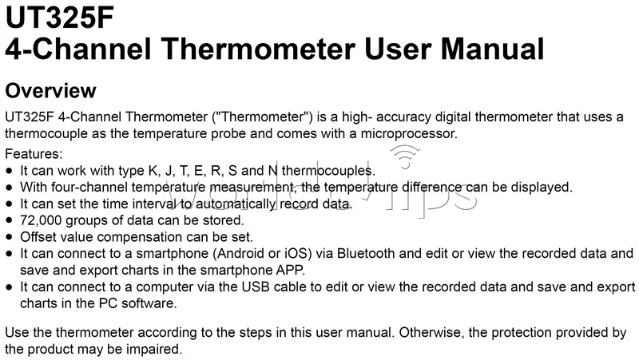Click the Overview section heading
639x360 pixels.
[x=50, y=89]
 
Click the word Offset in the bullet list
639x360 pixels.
[x=36, y=236]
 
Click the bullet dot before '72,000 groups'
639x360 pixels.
[x=9, y=220]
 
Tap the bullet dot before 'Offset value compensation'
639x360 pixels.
[x=9, y=236]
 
